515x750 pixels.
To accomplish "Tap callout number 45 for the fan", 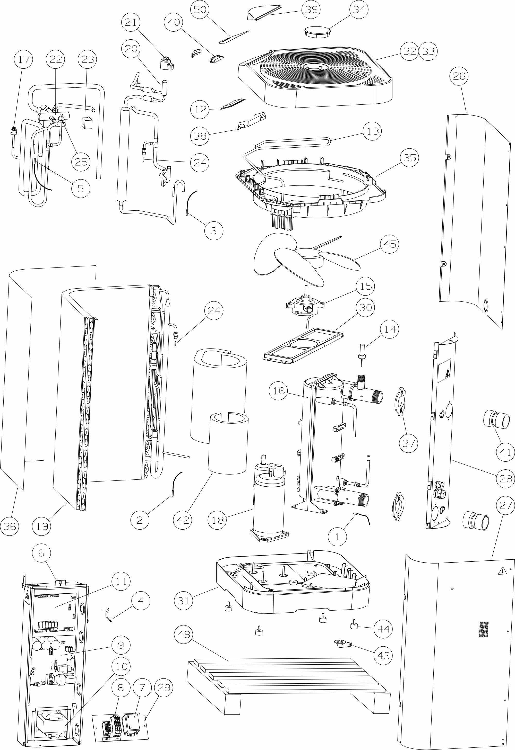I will click(390, 244).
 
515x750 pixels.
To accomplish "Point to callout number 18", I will click(218, 520).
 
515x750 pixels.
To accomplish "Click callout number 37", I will click(409, 443).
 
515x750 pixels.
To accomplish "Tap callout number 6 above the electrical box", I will click(41, 552).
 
